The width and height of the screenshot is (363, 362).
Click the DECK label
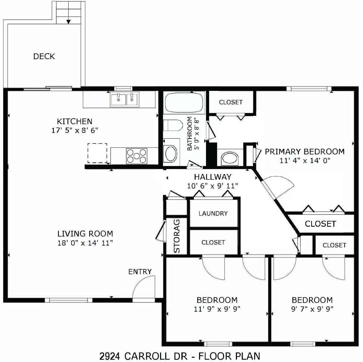click(44, 56)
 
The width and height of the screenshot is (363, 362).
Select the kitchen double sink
click(125, 99)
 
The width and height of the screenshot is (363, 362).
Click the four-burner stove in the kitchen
click(136, 156)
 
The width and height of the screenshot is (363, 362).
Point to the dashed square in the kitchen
click(97, 153)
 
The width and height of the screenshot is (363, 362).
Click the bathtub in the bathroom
click(184, 103)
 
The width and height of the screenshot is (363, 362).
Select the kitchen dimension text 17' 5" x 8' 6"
click(75, 130)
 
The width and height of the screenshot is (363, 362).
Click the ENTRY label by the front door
click(140, 272)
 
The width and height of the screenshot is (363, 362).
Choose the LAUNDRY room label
click(213, 213)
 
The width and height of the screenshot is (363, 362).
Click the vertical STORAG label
click(177, 236)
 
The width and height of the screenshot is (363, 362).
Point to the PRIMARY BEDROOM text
click(305, 152)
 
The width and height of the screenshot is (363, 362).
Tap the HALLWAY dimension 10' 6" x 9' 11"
click(212, 186)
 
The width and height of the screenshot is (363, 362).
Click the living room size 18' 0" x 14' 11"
click(85, 243)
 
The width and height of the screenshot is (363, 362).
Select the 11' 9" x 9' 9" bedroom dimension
click(217, 309)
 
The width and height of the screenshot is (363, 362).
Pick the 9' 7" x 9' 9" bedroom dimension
click(312, 309)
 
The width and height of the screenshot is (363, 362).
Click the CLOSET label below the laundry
click(213, 242)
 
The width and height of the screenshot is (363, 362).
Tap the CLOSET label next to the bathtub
click(231, 102)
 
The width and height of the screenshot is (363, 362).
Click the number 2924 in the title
click(110, 356)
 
